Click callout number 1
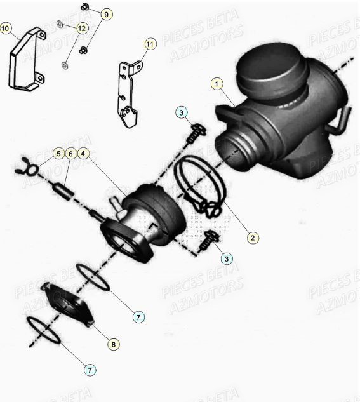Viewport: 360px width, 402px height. (217, 83)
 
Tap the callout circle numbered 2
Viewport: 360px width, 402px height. (252, 238)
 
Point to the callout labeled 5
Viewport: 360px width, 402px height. (57, 153)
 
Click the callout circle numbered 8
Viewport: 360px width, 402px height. (113, 344)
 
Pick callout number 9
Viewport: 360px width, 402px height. (106, 14)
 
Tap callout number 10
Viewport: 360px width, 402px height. (6, 28)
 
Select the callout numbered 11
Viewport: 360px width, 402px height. (150, 44)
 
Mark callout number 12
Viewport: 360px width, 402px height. (81, 28)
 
